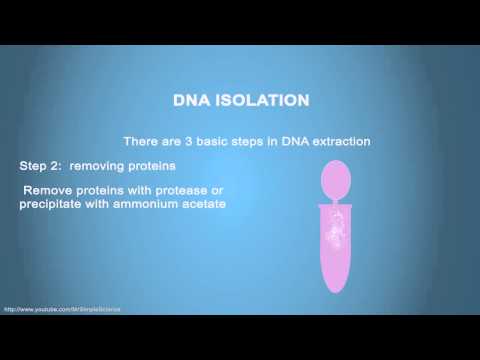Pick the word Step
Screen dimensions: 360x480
pyautogui.click(x=36, y=164)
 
